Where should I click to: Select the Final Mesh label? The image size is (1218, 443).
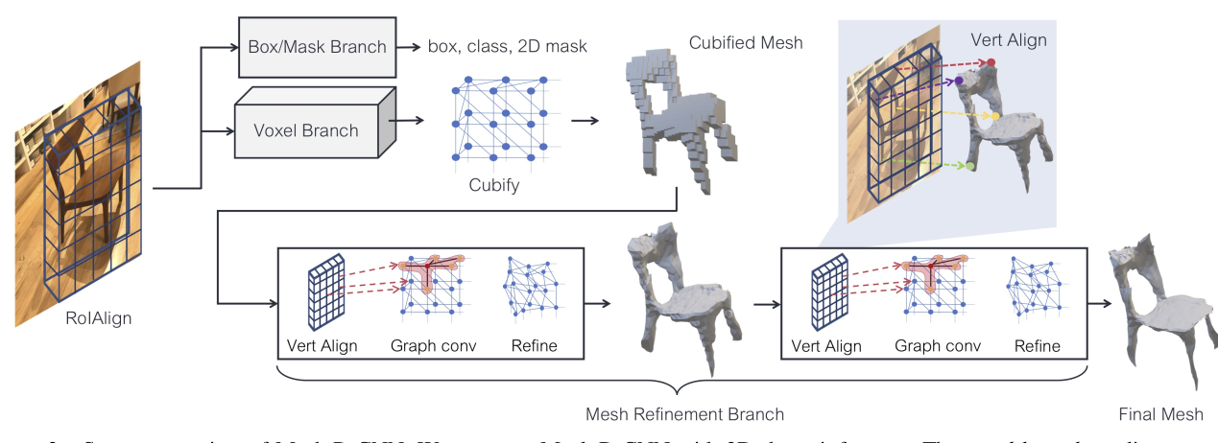[1160, 414]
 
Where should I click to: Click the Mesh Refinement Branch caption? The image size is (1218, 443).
[684, 414]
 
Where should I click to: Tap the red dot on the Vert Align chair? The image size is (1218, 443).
[991, 63]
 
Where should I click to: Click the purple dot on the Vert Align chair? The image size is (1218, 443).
[959, 82]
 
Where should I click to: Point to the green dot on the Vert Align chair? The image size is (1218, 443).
[970, 166]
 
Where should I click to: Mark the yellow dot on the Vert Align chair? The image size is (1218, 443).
[996, 116]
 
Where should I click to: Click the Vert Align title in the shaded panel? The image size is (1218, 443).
[1009, 40]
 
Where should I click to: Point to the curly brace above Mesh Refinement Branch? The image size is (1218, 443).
[682, 384]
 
